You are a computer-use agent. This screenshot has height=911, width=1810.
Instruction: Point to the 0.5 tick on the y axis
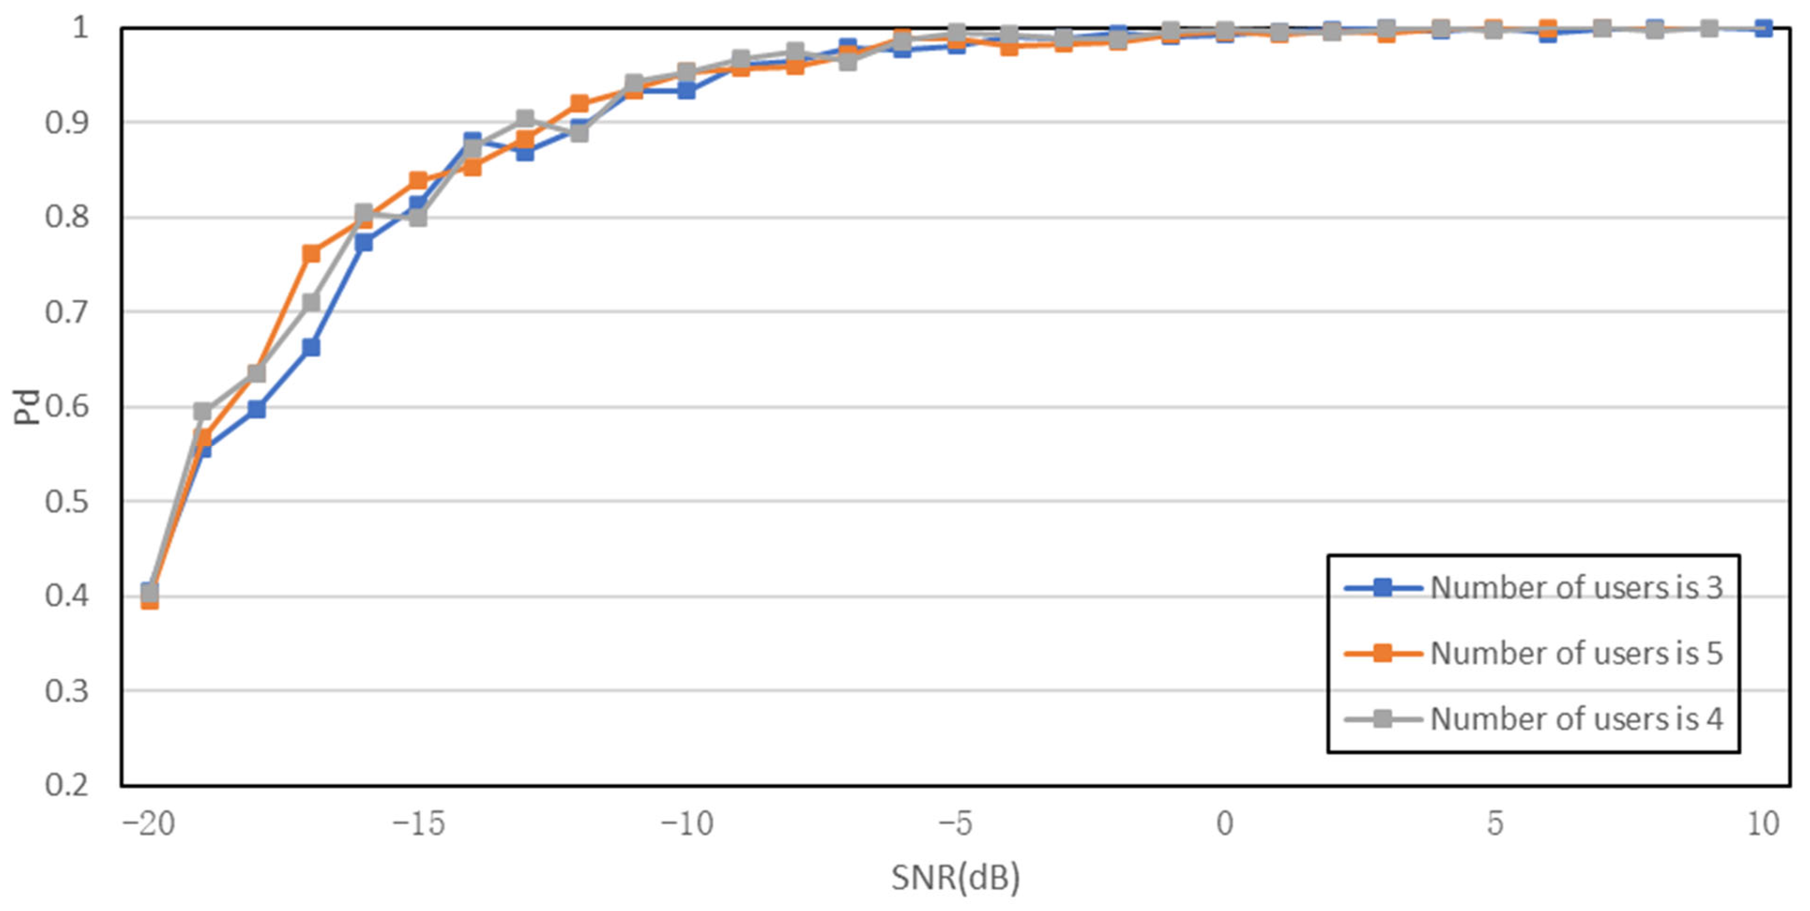click(x=67, y=501)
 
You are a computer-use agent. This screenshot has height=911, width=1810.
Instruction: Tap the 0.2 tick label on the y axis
click(x=67, y=784)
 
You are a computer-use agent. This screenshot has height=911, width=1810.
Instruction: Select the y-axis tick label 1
click(x=80, y=28)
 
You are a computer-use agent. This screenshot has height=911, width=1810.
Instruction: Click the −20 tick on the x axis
click(x=148, y=823)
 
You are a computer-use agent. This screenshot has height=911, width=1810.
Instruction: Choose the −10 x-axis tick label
click(x=687, y=823)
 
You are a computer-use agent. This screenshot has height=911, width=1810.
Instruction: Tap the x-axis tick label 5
click(x=1494, y=823)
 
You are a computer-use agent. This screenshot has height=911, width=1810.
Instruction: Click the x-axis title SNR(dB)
click(x=955, y=877)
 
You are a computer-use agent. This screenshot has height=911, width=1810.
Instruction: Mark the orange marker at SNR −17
click(x=311, y=253)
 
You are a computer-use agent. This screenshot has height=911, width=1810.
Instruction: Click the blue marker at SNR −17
click(x=311, y=347)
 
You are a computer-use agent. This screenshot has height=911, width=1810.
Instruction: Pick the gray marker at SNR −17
click(x=311, y=302)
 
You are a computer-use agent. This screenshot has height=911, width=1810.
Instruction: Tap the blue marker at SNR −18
click(x=256, y=409)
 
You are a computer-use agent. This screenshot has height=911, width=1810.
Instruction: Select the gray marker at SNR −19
click(x=202, y=411)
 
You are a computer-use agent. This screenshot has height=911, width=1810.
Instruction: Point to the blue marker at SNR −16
click(x=364, y=242)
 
